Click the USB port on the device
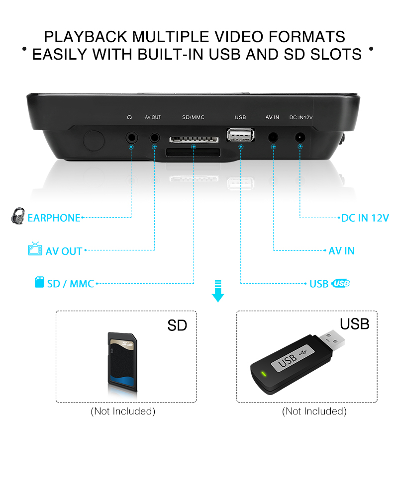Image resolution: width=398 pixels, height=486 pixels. tap(241, 135)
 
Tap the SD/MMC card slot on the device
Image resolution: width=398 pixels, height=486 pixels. tap(194, 140)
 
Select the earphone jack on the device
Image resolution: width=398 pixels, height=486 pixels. tap(131, 137)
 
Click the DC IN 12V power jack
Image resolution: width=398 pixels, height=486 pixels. tap(299, 137)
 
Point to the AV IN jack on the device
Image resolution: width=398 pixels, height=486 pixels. tap(273, 137)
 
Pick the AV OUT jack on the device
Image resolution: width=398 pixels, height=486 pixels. tap(155, 137)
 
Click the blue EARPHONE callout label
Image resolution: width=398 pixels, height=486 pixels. tap(54, 218)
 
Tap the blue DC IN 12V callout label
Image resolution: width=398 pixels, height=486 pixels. tap(365, 218)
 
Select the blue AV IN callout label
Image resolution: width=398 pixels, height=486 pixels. tap(342, 251)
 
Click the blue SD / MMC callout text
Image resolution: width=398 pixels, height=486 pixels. tap(71, 284)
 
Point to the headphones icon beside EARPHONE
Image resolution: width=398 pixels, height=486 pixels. tap(18, 216)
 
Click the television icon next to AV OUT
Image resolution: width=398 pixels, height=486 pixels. tap(35, 248)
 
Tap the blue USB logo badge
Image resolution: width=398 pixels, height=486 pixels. tap(340, 283)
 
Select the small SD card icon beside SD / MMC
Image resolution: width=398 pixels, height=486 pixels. tap(39, 282)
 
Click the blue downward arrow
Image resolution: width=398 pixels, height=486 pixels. tap(218, 291)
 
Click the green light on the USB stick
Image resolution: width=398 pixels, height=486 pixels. tap(264, 374)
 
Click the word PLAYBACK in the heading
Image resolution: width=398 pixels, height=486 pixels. tap(86, 37)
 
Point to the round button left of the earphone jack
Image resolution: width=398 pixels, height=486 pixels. tap(94, 141)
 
